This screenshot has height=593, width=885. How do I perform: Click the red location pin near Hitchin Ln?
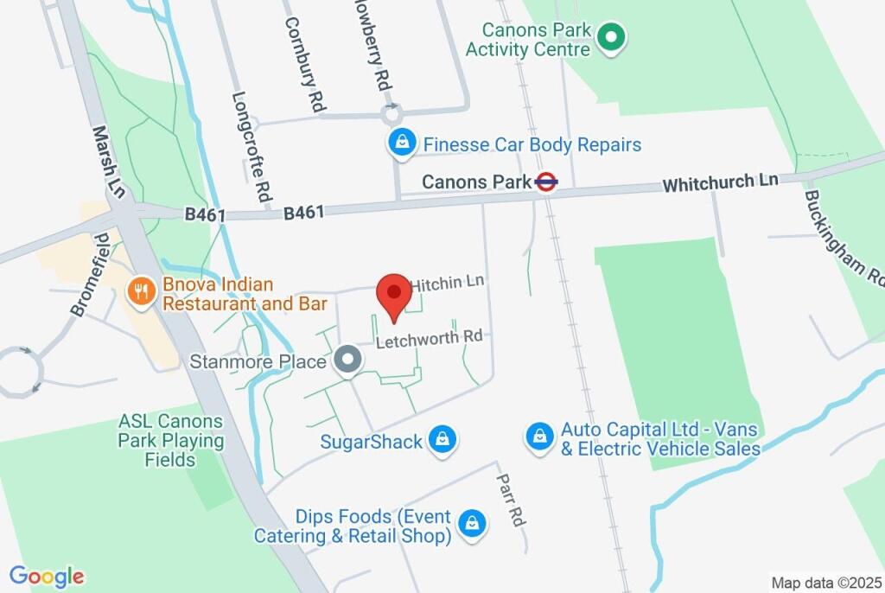(x=396, y=294)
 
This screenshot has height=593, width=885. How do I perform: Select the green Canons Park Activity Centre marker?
(x=612, y=38)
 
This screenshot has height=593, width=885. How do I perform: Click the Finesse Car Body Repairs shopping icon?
(x=401, y=143)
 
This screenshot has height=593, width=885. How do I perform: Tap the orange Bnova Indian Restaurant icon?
(x=139, y=291)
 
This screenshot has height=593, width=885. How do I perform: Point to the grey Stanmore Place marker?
(x=347, y=360)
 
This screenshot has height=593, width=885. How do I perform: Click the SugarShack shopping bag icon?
(x=442, y=440)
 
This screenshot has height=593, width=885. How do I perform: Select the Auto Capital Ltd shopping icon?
(x=539, y=437)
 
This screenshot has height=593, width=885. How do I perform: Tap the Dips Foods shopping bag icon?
(x=473, y=523)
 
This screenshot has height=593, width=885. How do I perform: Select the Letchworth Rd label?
(x=430, y=339)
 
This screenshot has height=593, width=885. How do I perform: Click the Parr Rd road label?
(x=510, y=500)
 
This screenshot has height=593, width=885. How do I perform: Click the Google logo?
(x=47, y=577)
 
